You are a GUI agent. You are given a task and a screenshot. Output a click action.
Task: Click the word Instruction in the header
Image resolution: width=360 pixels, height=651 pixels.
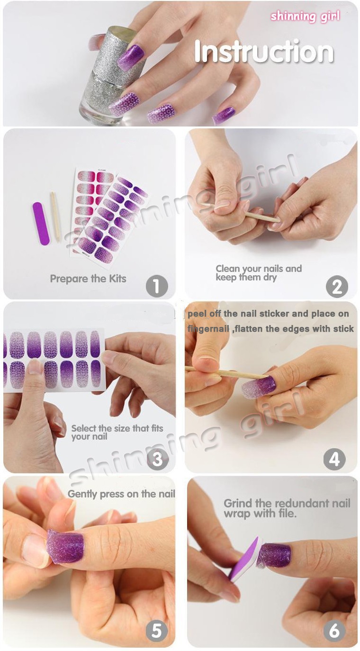coord(264,52)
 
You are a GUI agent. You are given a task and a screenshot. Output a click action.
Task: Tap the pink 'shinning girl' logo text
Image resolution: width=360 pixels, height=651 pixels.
coord(305,17)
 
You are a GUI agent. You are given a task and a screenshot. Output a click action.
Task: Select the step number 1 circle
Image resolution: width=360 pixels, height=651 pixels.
coord(157,286)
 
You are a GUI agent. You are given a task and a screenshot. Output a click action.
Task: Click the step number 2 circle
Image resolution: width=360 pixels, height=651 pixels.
coord(337,286)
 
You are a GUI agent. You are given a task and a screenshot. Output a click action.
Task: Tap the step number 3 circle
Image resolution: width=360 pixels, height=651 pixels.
coord(158,459)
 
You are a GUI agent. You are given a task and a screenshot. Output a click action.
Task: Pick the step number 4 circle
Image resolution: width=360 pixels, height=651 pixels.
coord(334,459)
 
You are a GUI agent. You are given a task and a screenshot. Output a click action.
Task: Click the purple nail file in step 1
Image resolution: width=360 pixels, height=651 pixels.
coord(41,223)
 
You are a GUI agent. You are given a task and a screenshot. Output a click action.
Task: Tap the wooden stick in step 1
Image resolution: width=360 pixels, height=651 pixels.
coord(55,217)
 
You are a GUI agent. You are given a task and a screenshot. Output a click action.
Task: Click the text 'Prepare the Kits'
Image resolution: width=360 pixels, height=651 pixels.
coord(88,279)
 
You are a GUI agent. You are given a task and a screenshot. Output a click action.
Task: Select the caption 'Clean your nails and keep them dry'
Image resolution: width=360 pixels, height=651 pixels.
coord(259,272)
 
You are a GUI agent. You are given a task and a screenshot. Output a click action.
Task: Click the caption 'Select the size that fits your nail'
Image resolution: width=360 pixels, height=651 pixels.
coord(117,432)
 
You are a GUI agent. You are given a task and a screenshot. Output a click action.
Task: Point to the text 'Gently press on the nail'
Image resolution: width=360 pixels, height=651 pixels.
coord(121,494)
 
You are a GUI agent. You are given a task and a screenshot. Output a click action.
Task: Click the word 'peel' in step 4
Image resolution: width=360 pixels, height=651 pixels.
coord(197,314)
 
